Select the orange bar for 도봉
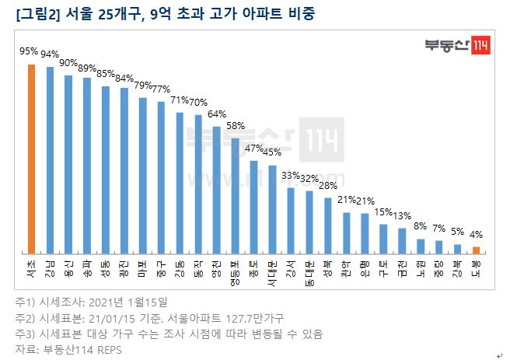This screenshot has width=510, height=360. pyautogui.click(x=477, y=250)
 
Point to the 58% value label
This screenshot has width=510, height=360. pyautogui.click(x=236, y=125)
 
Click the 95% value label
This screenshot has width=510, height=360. pyautogui.click(x=29, y=51)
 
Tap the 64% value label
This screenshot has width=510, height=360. pyautogui.click(x=217, y=114)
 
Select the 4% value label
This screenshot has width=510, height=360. pyautogui.click(x=477, y=233)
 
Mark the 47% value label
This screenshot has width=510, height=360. pyautogui.click(x=253, y=147)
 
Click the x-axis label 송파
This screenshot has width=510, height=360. pyautogui.click(x=87, y=267)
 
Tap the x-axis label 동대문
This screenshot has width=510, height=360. pyautogui.click(x=309, y=271)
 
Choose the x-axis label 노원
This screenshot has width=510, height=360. pyautogui.click(x=421, y=267)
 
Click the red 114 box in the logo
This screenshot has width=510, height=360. pyautogui.click(x=480, y=46)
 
